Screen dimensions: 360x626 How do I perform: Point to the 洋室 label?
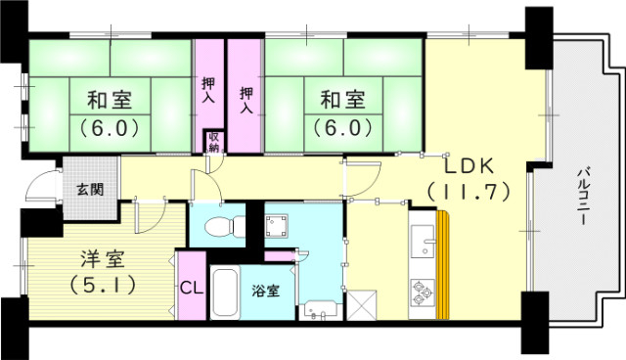pos(102,260)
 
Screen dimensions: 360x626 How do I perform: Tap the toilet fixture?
pos(219,227)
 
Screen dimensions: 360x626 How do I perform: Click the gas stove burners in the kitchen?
pos(425,291)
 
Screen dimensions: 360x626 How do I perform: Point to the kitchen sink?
pos(423,239)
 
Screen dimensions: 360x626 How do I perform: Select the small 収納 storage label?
pos(212,143)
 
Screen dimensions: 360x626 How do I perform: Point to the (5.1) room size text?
pos(102,287)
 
